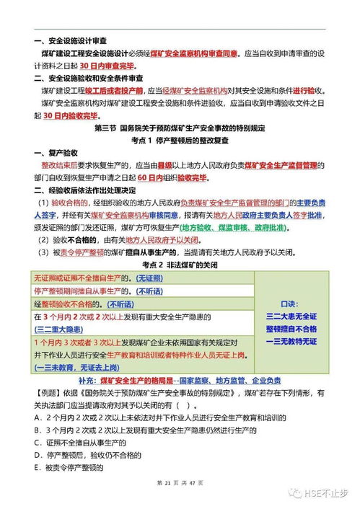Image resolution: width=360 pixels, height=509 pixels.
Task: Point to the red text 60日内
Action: (x=149, y=177)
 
